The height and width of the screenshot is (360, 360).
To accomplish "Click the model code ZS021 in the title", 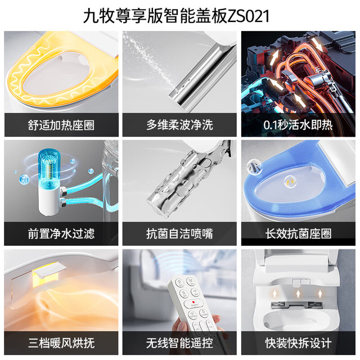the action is (x=248, y=16).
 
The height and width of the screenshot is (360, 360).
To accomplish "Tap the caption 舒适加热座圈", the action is (x=61, y=125).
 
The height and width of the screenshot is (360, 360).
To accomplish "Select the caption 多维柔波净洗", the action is (x=179, y=125).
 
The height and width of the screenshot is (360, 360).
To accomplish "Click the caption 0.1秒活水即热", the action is (x=298, y=125).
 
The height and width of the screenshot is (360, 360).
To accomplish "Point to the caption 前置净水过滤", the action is (x=61, y=234).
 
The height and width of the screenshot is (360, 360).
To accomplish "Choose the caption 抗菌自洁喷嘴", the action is (x=179, y=234).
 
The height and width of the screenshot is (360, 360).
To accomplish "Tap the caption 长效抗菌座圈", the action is (x=298, y=234).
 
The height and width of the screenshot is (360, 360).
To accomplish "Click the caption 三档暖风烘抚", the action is (x=61, y=343).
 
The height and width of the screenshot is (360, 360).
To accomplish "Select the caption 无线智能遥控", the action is (x=179, y=343).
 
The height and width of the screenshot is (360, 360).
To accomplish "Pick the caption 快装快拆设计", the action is (x=298, y=343).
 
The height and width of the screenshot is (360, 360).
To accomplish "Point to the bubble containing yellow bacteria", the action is (x=290, y=182).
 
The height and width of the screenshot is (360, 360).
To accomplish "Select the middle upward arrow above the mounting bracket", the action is (x=298, y=294).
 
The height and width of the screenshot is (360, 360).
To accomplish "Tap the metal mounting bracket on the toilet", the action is (x=297, y=305).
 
